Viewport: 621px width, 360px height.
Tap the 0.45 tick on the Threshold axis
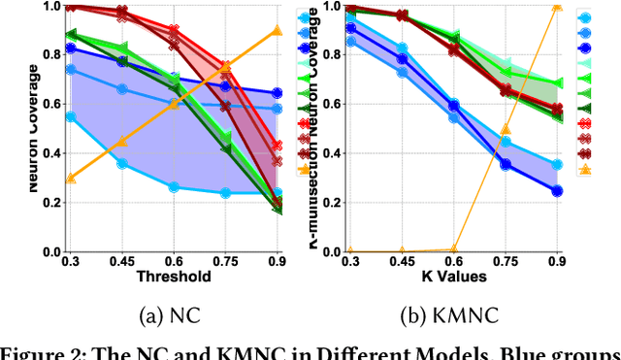(121, 261)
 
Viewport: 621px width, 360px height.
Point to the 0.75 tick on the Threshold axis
(225, 261)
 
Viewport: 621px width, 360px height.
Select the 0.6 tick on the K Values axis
(453, 261)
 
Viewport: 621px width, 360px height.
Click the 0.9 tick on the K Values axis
(556, 261)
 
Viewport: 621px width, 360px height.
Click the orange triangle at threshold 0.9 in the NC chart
(277, 30)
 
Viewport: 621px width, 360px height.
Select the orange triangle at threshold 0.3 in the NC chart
(70, 178)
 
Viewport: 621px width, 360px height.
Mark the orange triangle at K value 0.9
(556, 6)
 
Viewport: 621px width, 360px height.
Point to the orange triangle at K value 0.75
(506, 130)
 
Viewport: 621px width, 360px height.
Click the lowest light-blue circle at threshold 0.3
(70, 116)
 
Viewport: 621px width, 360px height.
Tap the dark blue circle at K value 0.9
(556, 191)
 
